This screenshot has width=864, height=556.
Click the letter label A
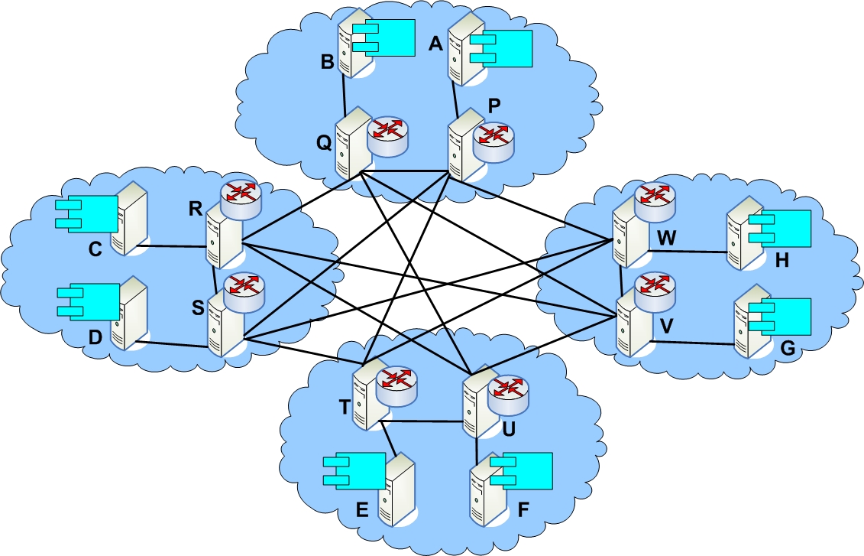click(436, 43)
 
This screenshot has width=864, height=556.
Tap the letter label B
click(327, 62)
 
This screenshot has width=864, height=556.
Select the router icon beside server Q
click(389, 135)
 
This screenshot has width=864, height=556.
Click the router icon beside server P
click(493, 143)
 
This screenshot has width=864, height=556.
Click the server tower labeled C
click(129, 219)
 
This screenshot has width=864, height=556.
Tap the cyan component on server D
click(89, 302)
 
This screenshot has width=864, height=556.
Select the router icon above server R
click(240, 200)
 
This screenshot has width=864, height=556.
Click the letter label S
click(198, 307)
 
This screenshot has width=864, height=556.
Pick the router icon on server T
click(396, 387)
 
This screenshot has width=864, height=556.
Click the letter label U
click(509, 428)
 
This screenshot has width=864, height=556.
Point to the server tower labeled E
click(396, 489)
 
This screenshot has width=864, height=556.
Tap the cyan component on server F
click(521, 471)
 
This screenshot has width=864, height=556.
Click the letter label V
click(666, 326)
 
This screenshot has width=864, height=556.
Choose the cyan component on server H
click(780, 229)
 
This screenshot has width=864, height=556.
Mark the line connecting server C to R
click(173, 246)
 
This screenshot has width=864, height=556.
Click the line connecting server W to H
click(689, 252)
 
